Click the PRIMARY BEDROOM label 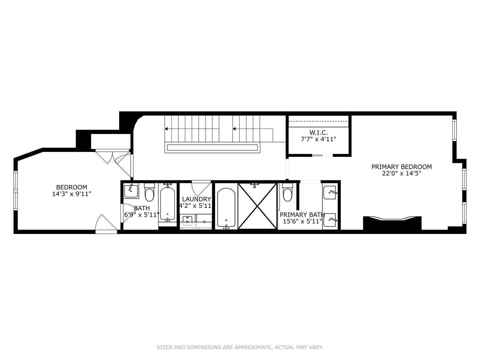(x=401, y=167)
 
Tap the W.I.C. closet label (x=318, y=132)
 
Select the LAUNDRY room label (x=196, y=199)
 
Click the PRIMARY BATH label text (x=302, y=215)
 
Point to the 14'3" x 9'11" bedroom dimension (x=72, y=194)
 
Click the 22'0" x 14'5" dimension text (x=401, y=173)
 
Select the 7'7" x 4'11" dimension (x=318, y=139)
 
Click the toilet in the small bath (x=150, y=193)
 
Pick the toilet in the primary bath (x=287, y=193)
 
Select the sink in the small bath (x=131, y=191)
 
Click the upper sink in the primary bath (x=330, y=192)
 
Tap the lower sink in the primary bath (x=330, y=220)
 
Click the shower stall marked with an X (x=257, y=206)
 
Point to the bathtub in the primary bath (x=226, y=208)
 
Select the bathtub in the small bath (x=167, y=203)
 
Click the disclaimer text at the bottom (x=240, y=347)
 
